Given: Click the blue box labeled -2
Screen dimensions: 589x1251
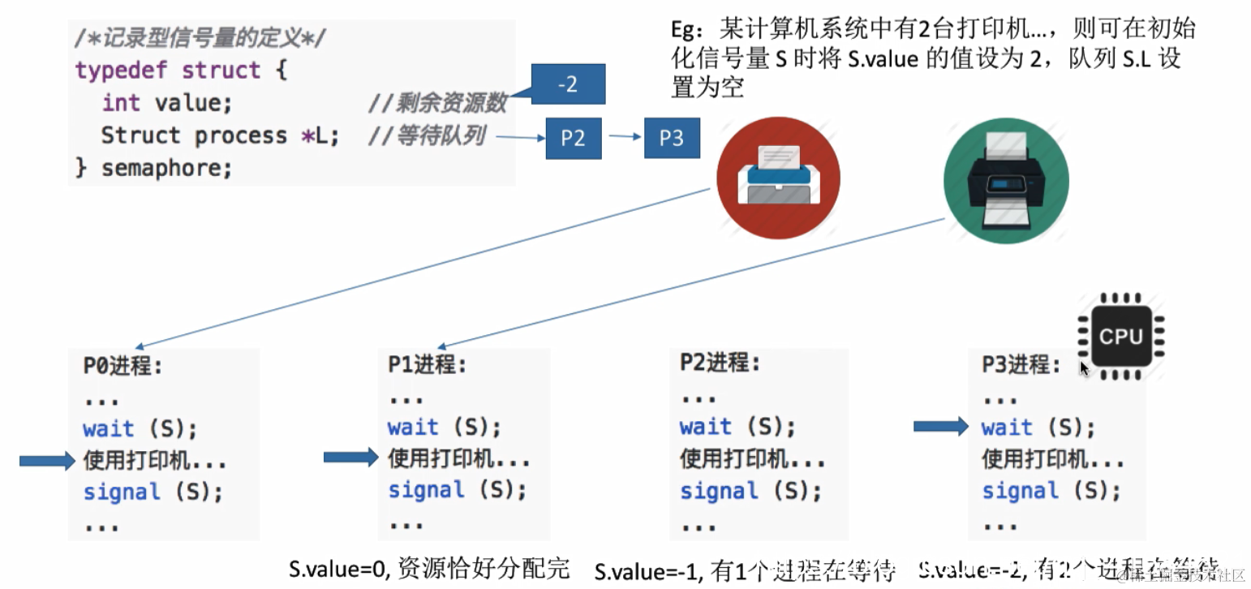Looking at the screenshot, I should (568, 84).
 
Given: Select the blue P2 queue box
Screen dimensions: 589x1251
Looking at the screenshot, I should (573, 138).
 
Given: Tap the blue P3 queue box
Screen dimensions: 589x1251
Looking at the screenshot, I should (672, 138).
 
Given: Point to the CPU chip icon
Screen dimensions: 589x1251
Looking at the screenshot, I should (1120, 335).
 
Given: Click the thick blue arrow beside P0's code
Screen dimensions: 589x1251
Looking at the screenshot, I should (46, 461).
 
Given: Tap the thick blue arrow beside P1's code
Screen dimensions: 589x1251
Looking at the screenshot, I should (350, 458).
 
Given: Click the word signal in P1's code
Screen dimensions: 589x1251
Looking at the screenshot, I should (427, 490).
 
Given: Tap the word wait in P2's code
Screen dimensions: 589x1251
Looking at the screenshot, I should (705, 426).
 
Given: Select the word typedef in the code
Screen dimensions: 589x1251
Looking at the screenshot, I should (123, 70).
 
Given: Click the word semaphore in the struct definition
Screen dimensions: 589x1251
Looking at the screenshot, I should (166, 168).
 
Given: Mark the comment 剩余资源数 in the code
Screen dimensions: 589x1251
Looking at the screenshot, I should (451, 103).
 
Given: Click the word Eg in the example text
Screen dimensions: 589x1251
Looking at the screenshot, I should (686, 30).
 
